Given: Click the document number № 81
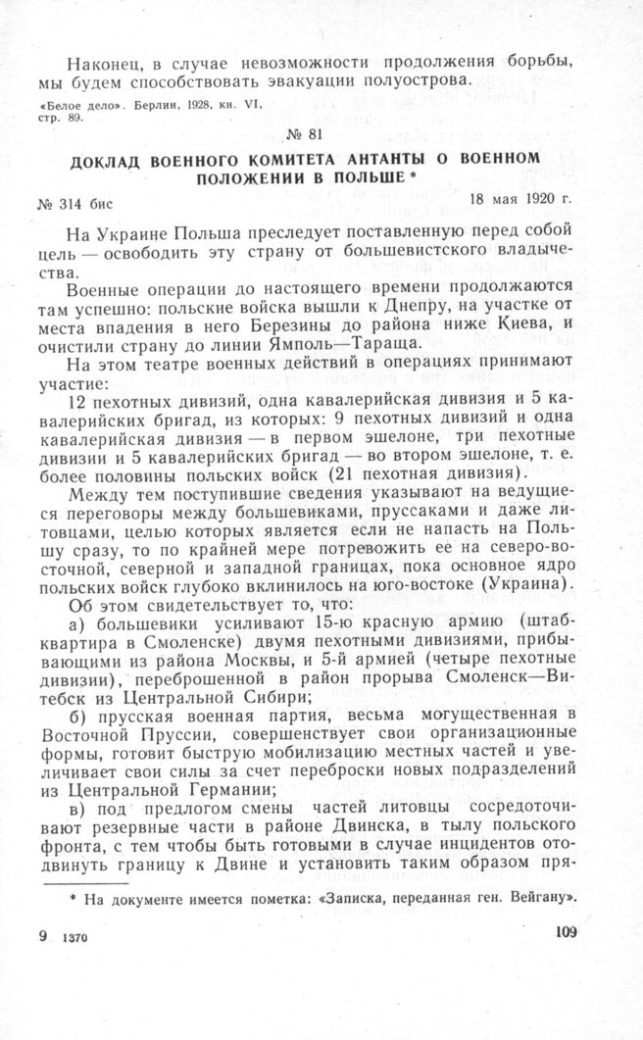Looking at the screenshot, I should [x=322, y=136].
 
